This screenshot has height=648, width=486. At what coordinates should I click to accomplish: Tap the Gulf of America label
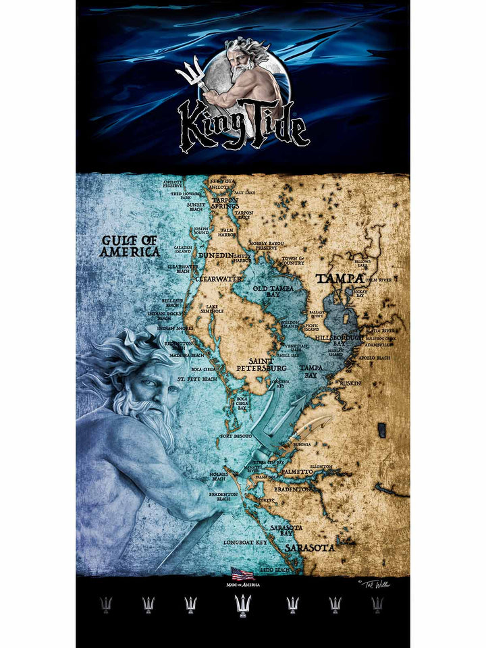click(130, 246)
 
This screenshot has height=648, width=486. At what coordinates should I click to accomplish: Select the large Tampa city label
click(340, 278)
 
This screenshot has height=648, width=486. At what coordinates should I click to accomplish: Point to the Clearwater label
click(219, 278)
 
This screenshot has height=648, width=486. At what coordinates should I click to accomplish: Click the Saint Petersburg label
click(261, 364)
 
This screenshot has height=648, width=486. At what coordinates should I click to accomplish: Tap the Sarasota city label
click(309, 547)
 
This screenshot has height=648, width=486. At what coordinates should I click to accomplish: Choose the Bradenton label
click(292, 489)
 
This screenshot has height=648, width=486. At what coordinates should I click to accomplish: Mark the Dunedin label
click(216, 256)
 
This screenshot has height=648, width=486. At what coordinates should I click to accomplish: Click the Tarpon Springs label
click(225, 203)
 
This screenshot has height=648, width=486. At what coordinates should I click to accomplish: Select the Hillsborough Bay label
click(330, 340)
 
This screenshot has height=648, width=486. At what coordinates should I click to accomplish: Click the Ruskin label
click(350, 383)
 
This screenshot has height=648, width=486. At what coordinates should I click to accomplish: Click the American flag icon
click(242, 574)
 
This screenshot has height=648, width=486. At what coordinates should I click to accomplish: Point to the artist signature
click(374, 583)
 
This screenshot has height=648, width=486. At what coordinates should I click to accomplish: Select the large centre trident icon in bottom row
click(242, 604)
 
